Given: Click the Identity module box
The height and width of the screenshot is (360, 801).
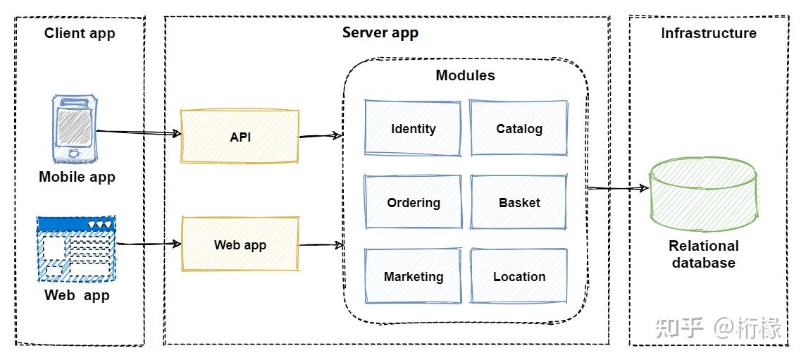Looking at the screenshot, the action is point(413,128).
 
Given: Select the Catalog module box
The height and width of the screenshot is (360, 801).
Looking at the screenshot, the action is point(519,128).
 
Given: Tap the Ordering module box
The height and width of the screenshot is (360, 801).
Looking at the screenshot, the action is point(413,202).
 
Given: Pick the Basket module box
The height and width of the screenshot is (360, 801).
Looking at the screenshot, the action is point(519,202).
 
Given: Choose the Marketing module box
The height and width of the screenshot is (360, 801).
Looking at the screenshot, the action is point(413,276).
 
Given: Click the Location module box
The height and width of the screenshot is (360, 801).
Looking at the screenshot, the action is point(519,276).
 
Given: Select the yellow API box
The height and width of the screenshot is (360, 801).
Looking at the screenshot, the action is point(240,137).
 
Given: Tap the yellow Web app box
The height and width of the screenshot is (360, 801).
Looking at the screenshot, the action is point(240,244).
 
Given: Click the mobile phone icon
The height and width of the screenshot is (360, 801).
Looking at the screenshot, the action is point(74,129).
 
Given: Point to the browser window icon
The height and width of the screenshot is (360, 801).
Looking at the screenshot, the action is point(77,249).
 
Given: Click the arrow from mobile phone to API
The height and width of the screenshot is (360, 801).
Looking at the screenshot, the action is point(139,132).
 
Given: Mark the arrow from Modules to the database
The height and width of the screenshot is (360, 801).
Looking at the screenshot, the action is point(618,188).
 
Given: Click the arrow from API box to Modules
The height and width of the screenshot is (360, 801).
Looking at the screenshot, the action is point(321,136).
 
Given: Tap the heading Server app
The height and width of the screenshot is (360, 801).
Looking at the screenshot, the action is point(380,32).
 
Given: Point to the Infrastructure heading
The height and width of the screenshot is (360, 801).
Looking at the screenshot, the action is point(709,33).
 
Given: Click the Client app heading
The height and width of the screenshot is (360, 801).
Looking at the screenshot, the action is point(80,34).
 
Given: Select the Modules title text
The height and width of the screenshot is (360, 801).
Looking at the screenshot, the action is point(466,75).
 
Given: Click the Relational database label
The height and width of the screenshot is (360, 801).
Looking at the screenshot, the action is point(704,254).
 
